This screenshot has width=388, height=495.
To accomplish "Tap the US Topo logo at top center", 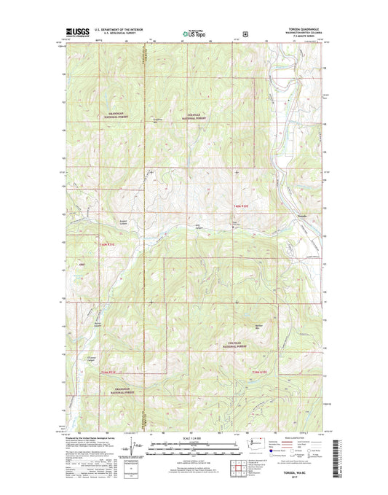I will tap(194, 32).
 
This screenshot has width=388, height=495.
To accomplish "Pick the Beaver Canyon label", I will tap(98, 324).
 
